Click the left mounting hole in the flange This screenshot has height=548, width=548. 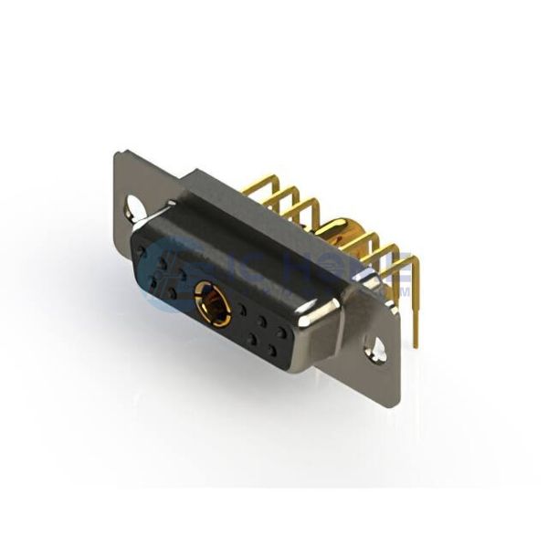click(x=135, y=205)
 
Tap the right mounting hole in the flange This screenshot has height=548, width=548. click(x=374, y=346)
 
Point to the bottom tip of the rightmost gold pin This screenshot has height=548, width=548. click(x=416, y=345)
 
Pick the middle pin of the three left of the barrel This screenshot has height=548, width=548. click(x=282, y=196)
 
